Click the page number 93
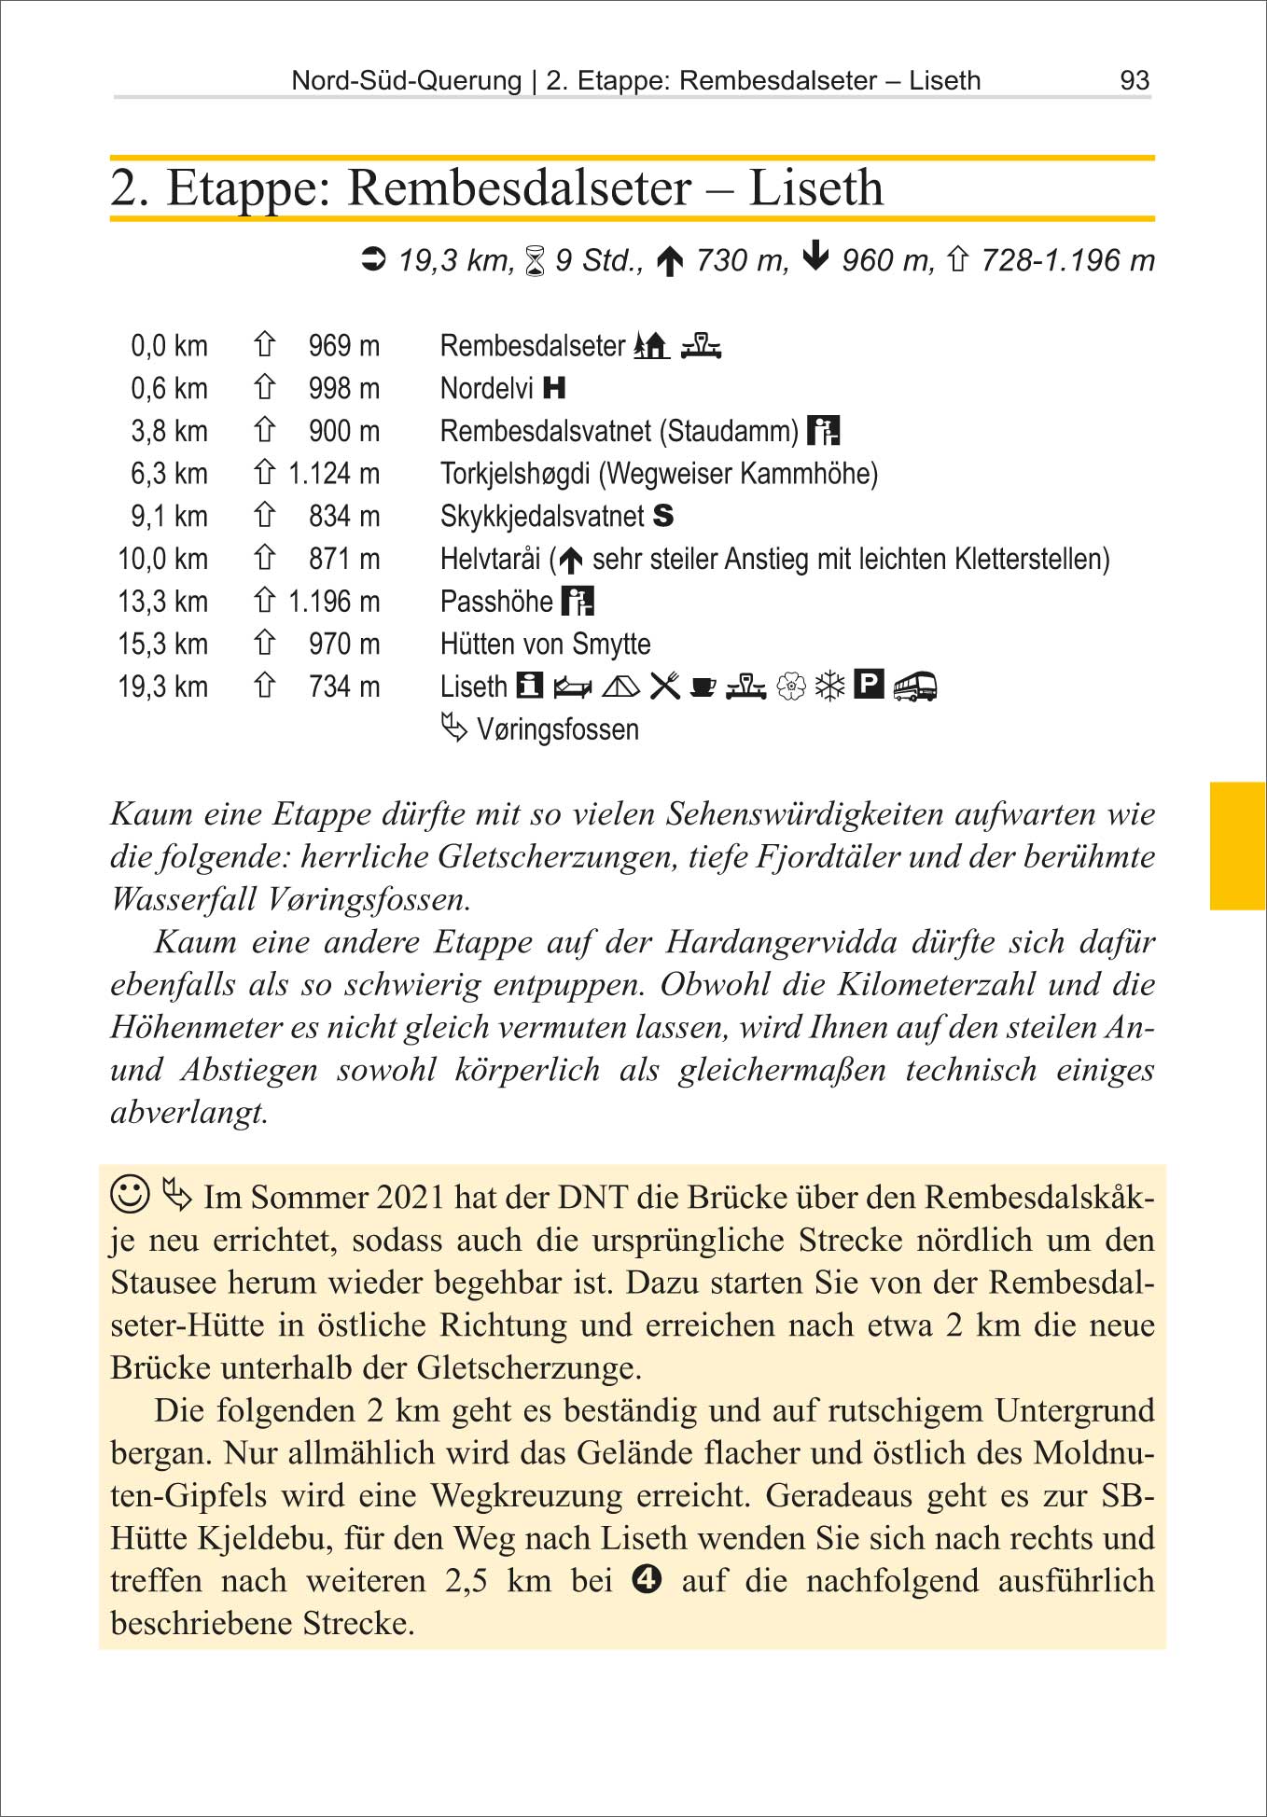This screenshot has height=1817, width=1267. pyautogui.click(x=1134, y=80)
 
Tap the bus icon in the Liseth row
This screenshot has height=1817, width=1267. pyautogui.click(x=914, y=687)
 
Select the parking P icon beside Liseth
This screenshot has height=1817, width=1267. pyautogui.click(x=869, y=686)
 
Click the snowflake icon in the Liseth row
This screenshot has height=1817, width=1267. pyautogui.click(x=829, y=687)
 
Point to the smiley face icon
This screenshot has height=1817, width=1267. pyautogui.click(x=130, y=1194)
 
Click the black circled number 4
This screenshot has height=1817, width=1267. pyautogui.click(x=647, y=1579)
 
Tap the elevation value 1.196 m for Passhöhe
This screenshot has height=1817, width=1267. pyautogui.click(x=333, y=602)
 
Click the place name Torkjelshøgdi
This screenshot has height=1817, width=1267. pyautogui.click(x=514, y=474)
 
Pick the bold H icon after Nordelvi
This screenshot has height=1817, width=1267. pyautogui.click(x=554, y=388)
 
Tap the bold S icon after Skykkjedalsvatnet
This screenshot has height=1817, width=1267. pyautogui.click(x=662, y=516)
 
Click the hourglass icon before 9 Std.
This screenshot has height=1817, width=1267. pyautogui.click(x=535, y=261)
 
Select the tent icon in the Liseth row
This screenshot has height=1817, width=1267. pyautogui.click(x=620, y=687)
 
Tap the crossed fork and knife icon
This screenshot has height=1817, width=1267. pyautogui.click(x=664, y=687)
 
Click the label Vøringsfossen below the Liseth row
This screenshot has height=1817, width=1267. pyautogui.click(x=557, y=729)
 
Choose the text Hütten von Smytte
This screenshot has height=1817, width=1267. pyautogui.click(x=545, y=645)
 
